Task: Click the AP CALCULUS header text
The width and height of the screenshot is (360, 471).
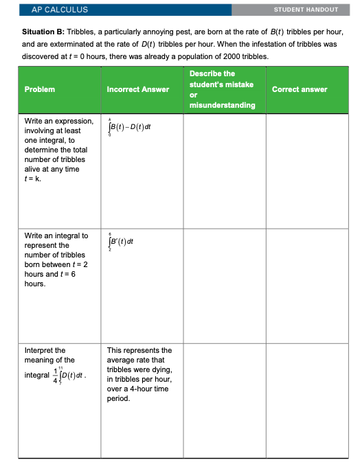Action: [x=60, y=10]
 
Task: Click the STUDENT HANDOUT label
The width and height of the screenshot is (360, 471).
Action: [x=306, y=10]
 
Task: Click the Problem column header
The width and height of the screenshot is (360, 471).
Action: [x=40, y=89]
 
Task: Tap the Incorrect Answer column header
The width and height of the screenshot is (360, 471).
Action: [x=138, y=89]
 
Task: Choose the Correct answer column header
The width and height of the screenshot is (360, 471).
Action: [x=300, y=89]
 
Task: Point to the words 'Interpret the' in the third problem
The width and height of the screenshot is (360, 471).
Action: [x=45, y=350]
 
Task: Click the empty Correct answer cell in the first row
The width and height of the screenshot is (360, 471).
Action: [x=306, y=171]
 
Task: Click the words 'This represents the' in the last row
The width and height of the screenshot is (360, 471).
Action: [x=139, y=350]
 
